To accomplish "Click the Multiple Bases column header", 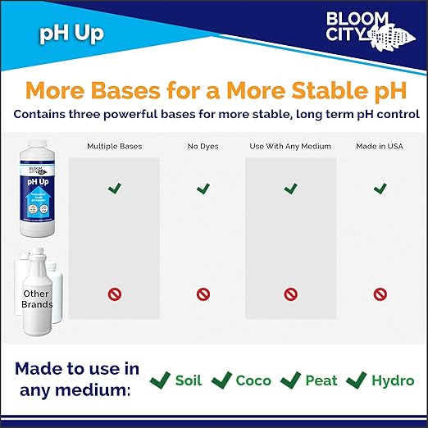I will [x=114, y=146].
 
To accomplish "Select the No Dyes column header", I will [x=203, y=146].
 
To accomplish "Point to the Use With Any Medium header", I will [x=290, y=146].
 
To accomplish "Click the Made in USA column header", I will [x=380, y=146].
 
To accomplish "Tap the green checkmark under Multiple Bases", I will [x=115, y=189].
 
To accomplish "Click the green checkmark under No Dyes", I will [x=203, y=189].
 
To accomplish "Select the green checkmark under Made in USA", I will [x=380, y=189].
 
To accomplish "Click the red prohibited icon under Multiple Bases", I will [x=115, y=294].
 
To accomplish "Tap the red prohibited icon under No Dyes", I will [x=203, y=294].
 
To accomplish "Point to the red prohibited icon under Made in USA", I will [x=380, y=294].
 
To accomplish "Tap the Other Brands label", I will [x=36, y=299].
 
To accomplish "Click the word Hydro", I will [x=393, y=380].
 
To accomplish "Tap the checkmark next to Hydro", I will [x=356, y=380].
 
